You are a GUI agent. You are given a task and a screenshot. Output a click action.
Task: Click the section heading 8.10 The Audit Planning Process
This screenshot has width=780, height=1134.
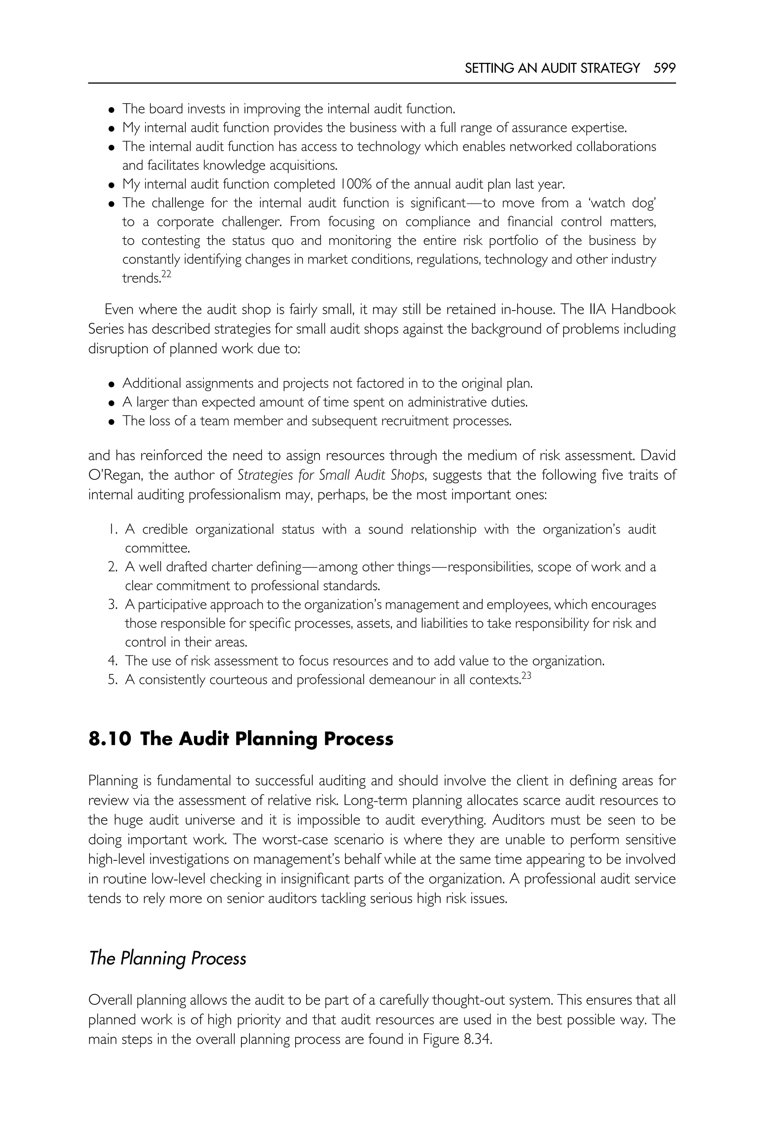240,738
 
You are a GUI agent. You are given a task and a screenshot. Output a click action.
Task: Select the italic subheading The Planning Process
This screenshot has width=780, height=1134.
167,958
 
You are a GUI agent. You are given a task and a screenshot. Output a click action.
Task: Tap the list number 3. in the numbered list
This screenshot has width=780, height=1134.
112,605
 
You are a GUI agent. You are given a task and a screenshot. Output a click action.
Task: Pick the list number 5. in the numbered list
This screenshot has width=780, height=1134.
112,680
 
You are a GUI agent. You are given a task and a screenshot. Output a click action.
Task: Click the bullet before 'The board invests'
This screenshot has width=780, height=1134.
112,109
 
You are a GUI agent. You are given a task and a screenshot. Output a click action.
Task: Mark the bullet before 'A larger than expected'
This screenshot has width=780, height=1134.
112,403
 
